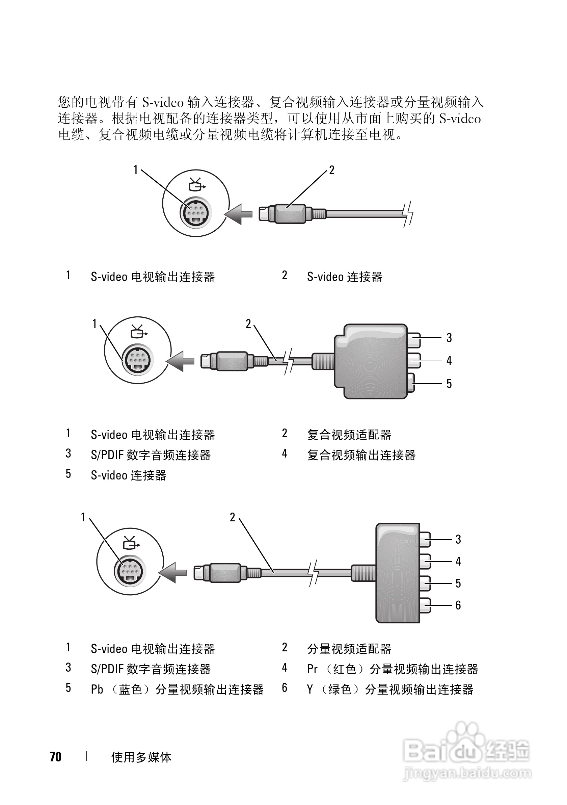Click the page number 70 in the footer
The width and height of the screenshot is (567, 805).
coord(55,757)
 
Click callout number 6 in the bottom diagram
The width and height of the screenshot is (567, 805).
coord(458,605)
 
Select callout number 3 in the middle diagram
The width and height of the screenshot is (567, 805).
coord(449,338)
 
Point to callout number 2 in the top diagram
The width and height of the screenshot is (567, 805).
coord(331,171)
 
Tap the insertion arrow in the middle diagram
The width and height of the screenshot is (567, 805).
coord(181,361)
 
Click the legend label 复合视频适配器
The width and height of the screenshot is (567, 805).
coord(349,435)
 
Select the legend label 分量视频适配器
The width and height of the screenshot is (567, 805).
coord(349,649)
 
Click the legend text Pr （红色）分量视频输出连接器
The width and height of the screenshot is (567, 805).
coord(393,669)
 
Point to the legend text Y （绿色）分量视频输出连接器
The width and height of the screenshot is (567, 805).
coord(390,690)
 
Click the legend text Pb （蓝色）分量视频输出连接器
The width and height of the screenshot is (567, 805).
coord(177,690)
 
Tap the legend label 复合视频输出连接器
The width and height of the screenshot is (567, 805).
coord(361,456)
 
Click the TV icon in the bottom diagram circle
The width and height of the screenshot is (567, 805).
coord(130,544)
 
